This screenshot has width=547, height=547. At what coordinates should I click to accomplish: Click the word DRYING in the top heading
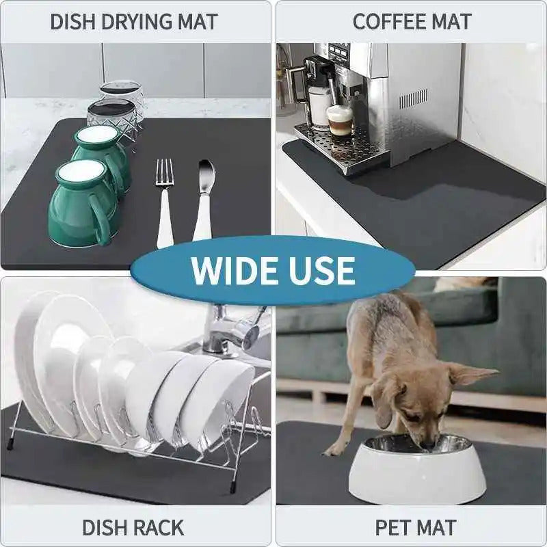pyautogui.click(x=130, y=21)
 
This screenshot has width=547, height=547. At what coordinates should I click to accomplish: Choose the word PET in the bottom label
pyautogui.click(x=393, y=528)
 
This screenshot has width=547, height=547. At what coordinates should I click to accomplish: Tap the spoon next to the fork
pyautogui.click(x=204, y=198)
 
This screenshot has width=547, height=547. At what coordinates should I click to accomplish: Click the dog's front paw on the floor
pyautogui.click(x=334, y=449)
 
